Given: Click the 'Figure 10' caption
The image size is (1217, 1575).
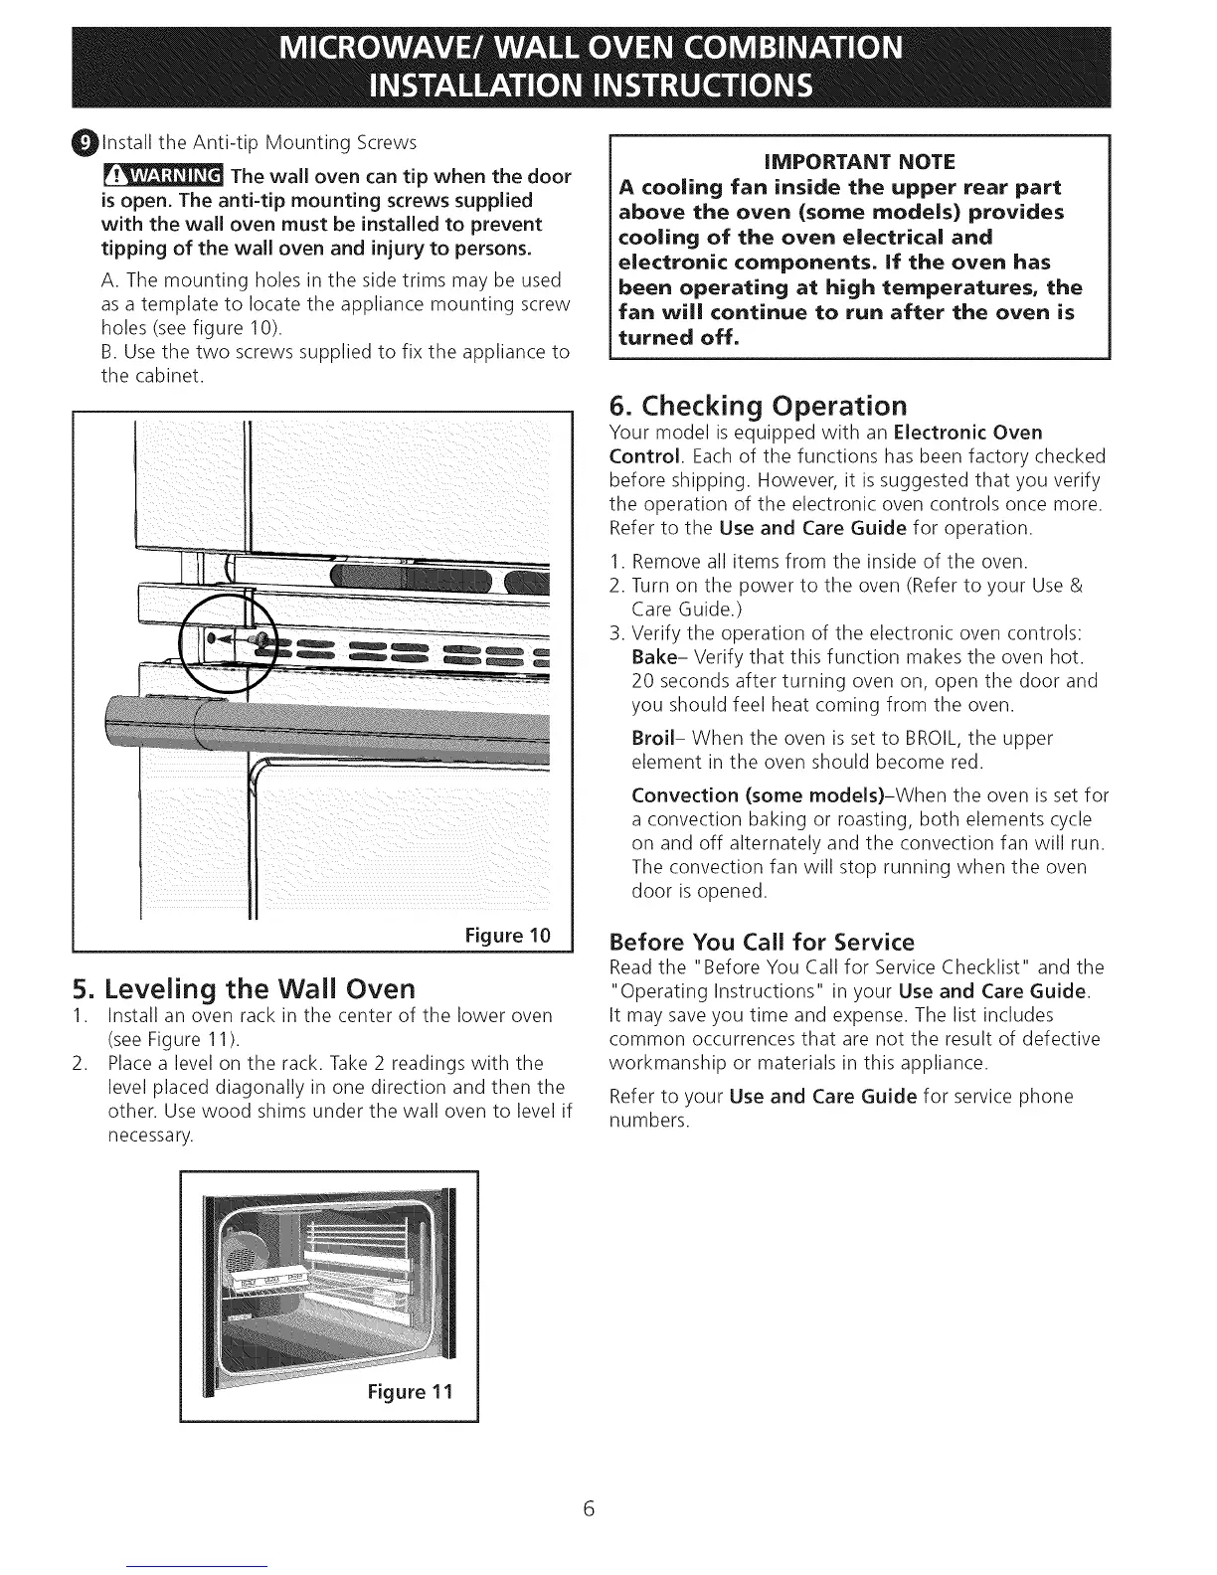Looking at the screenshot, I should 507,936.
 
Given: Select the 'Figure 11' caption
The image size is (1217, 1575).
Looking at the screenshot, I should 409,1390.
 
